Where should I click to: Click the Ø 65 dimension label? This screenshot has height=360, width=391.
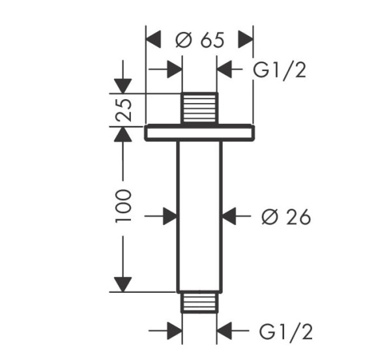click(x=200, y=40)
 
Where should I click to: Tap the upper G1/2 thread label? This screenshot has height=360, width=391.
click(x=280, y=71)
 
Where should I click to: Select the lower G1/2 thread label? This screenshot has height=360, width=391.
click(x=286, y=331)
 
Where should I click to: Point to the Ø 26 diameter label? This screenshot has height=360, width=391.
click(x=286, y=217)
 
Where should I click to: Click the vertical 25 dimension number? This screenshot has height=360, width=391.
click(x=123, y=110)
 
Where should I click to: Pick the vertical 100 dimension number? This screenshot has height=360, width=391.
click(x=123, y=206)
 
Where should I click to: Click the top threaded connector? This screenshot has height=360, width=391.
click(x=199, y=108)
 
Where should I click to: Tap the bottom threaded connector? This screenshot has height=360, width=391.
click(x=199, y=303)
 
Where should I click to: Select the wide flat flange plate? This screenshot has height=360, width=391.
click(x=200, y=132)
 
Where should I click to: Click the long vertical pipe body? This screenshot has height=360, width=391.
click(x=199, y=217)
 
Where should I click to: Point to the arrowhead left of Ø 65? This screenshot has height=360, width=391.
click(x=153, y=39)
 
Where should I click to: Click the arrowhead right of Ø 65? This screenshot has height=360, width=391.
click(x=246, y=39)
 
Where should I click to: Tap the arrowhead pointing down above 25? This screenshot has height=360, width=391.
click(x=123, y=86)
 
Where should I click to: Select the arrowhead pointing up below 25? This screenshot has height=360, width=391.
click(x=123, y=134)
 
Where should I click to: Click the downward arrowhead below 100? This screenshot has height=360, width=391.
click(x=123, y=284)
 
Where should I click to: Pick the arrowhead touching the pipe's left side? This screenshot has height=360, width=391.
click(x=170, y=216)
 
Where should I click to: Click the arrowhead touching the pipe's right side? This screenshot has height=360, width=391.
click(x=229, y=216)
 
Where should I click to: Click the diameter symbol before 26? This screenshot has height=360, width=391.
click(x=270, y=217)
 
